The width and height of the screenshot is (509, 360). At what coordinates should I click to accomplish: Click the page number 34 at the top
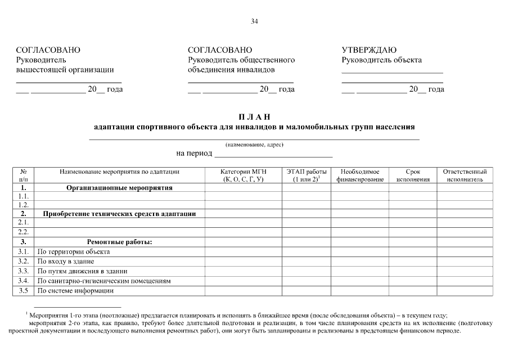pos(254,21)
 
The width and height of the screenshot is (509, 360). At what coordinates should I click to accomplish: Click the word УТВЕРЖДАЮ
pos(369,50)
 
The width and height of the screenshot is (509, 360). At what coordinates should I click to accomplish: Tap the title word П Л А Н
pos(254,116)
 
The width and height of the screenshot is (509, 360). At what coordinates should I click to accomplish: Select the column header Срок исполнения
pos(412,175)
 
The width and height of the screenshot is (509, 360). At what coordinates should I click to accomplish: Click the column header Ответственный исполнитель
pos(465,175)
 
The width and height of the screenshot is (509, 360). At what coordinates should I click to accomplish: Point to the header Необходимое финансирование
pos(359,175)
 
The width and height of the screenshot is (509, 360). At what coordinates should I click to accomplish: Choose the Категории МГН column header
pos(243,175)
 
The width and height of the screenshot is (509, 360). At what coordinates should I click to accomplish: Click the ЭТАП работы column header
pos(306,175)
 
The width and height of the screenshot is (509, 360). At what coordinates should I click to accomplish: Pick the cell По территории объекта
pos(73,251)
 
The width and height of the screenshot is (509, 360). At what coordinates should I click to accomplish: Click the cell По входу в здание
pos(66,261)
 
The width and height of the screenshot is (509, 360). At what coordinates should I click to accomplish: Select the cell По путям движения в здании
pos(82,271)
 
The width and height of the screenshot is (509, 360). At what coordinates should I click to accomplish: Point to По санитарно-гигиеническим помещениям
pos(103,280)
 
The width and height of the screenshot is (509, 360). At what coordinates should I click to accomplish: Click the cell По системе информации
pos(75,290)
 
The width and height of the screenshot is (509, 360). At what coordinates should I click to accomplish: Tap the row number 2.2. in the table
pos(23,231)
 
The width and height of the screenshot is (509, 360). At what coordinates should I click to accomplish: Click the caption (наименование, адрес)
pos(254,145)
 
